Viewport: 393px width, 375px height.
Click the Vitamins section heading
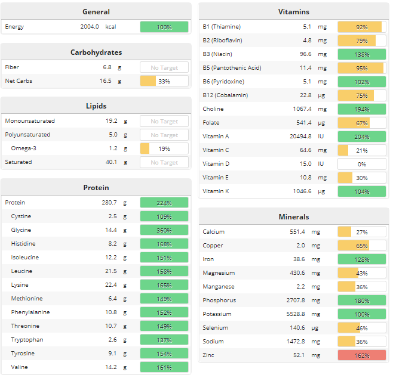coord(293,11)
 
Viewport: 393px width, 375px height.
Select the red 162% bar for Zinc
coord(361,355)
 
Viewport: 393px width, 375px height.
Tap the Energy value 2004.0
coord(90,27)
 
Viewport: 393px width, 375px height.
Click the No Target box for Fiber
coord(164,67)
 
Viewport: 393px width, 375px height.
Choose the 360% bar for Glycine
coord(164,230)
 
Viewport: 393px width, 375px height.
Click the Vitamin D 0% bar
coord(361,164)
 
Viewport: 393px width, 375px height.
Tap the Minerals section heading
coord(293,216)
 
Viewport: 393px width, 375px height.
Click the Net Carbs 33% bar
coord(164,81)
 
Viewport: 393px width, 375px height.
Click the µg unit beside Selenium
coord(322,328)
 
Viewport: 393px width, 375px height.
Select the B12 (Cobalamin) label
coord(225,95)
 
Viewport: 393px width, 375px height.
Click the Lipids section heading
coord(96,106)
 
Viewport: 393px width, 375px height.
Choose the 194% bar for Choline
coord(361,109)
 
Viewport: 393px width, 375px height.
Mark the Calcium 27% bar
coord(361,232)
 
